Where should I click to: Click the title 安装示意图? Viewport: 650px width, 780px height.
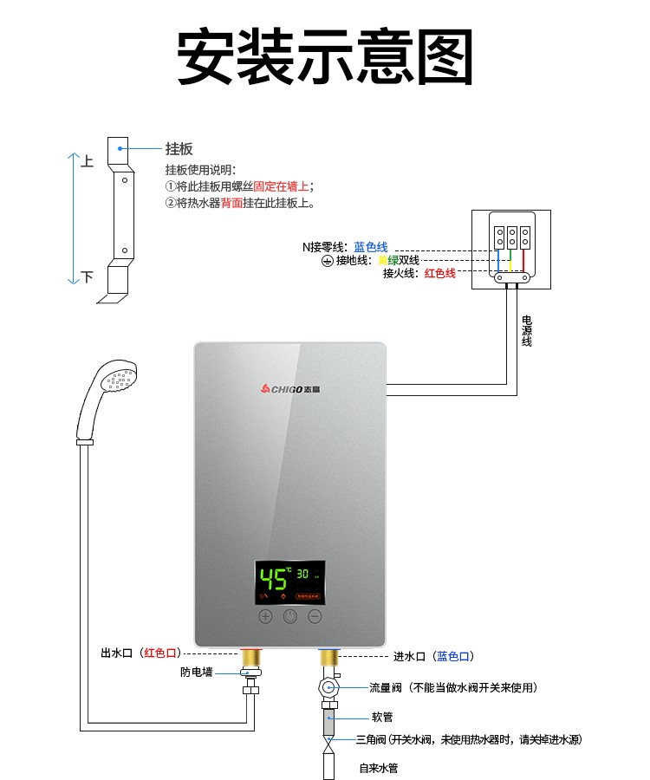coord(325,58)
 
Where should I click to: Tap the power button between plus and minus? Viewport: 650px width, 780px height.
coord(290,617)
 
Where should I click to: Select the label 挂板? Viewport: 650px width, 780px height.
coord(179,149)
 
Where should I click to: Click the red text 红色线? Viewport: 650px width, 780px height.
coord(439,274)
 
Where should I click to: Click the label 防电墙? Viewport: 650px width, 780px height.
coord(196,672)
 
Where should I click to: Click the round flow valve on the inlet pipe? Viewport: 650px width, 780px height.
coord(328,688)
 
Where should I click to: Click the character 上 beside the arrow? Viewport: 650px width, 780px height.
coord(87,162)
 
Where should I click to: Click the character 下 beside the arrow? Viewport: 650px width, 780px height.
coord(87,277)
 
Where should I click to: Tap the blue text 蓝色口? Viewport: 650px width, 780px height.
coord(454,656)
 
